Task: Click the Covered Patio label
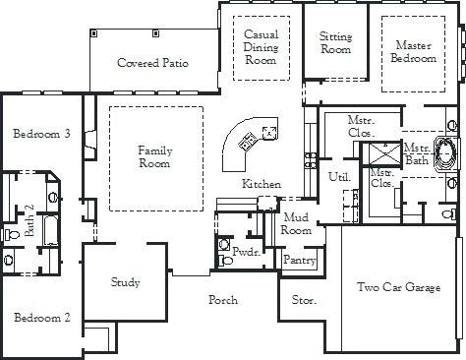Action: pos(152,64)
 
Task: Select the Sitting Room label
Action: pos(336,43)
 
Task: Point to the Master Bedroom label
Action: pos(415,52)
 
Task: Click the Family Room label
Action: pos(154,156)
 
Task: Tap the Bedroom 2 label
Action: pos(40,318)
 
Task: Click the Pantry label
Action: pos(297,261)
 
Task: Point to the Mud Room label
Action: pos(296,223)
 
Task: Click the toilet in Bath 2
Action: pos(10,235)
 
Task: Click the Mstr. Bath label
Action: pos(416,153)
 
